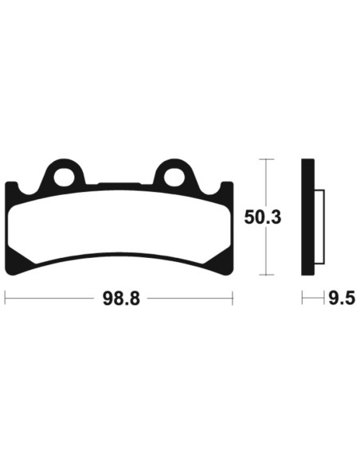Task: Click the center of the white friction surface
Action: coord(119,227)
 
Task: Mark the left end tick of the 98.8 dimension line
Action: coord(6,299)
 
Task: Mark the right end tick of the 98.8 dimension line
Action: coord(232,299)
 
